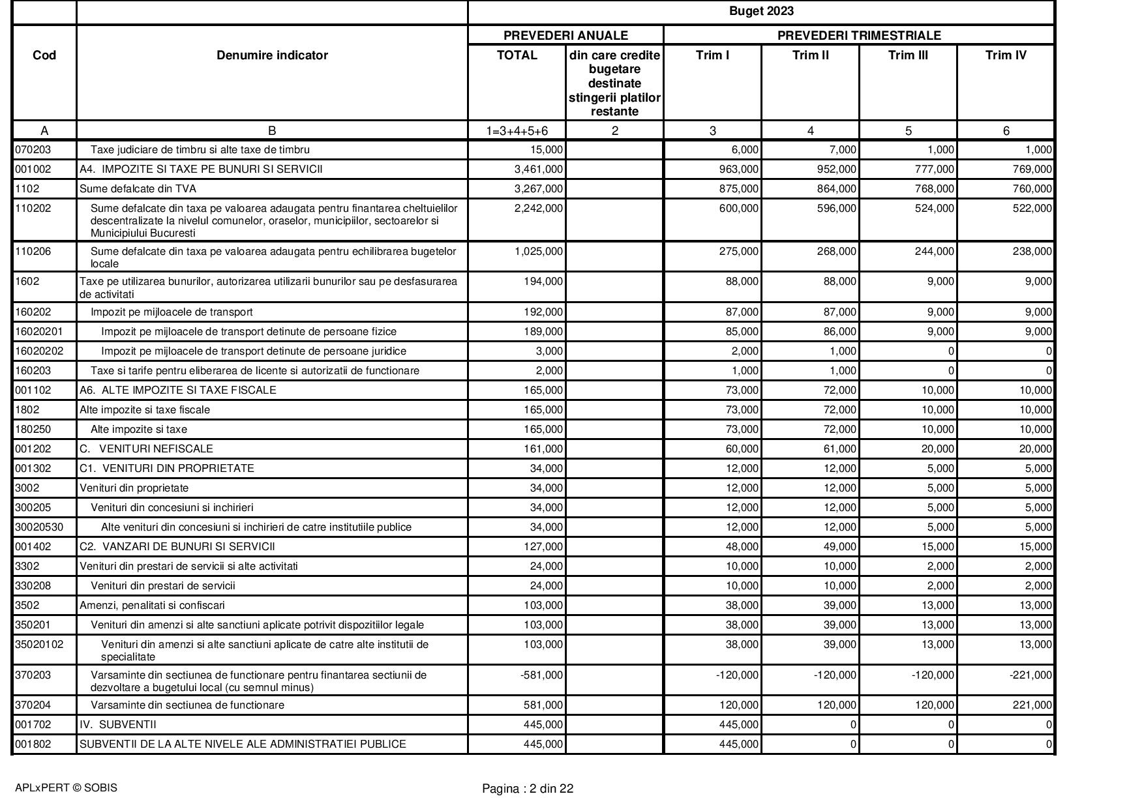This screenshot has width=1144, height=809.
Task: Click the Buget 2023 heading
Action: [761, 11]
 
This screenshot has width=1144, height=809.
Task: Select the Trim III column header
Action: [908, 55]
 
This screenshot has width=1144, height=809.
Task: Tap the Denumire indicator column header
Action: [272, 55]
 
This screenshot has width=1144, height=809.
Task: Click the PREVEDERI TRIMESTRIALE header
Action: [859, 35]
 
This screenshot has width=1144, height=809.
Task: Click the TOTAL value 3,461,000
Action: [538, 169]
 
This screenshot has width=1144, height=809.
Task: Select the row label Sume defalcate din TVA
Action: [138, 189]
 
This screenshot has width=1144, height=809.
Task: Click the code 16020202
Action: [39, 351]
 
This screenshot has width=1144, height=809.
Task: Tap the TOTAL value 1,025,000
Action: [538, 252]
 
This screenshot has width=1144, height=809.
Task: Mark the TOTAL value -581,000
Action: [541, 675]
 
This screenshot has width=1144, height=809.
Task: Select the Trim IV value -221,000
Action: [1030, 675]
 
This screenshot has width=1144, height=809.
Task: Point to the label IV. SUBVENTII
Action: [118, 725]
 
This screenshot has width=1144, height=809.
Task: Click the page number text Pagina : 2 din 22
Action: [528, 789]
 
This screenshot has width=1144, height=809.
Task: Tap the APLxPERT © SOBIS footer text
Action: [66, 788]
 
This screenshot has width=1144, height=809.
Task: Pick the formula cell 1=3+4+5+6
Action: [517, 131]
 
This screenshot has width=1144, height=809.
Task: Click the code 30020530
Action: [39, 527]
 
